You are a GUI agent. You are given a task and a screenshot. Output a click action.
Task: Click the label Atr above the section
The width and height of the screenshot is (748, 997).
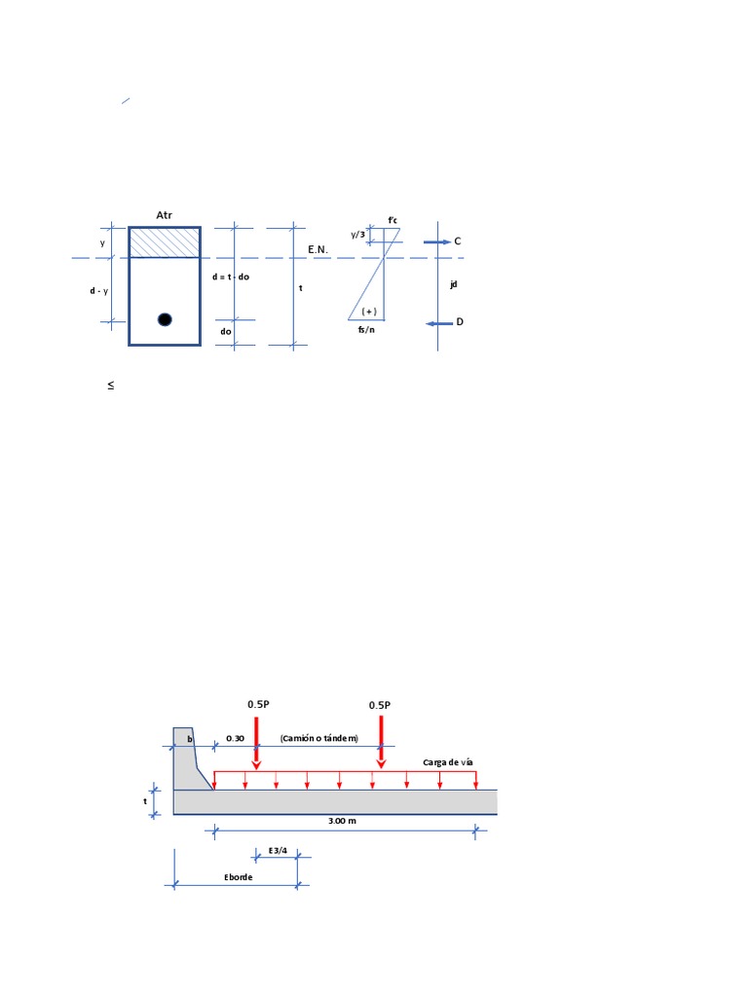164,214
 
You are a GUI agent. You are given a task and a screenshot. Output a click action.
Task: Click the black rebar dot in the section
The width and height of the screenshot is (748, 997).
165,319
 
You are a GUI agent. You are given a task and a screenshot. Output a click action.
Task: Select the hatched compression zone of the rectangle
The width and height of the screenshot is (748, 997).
165,242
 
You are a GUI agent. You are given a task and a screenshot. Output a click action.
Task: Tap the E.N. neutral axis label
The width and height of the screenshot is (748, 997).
318,250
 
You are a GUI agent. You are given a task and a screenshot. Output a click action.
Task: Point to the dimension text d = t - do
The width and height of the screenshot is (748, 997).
231,277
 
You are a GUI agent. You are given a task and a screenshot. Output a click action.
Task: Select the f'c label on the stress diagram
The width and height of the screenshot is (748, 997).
393,220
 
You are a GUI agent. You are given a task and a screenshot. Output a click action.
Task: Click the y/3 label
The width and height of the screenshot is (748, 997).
358,235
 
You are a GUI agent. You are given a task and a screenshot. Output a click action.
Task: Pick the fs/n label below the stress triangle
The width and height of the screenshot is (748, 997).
367,330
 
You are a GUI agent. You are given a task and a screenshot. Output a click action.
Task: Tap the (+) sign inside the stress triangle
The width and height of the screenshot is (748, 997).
369,311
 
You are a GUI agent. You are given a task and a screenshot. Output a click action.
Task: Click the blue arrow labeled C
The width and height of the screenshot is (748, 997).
437,240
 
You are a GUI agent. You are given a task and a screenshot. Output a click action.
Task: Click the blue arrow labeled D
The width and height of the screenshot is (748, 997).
439,322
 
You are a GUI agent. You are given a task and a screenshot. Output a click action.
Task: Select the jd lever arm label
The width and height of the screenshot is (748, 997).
454,284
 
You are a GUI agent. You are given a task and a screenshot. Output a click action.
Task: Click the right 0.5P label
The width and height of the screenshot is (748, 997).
380,705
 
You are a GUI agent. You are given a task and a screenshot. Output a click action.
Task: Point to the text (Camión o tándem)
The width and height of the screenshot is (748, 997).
318,738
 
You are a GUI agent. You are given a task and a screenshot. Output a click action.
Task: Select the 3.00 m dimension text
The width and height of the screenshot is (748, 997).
342,821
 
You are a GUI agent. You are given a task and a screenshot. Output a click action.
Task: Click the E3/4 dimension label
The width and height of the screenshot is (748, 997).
279,850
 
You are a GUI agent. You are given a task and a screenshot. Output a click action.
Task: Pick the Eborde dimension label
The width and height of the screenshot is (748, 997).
238,877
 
